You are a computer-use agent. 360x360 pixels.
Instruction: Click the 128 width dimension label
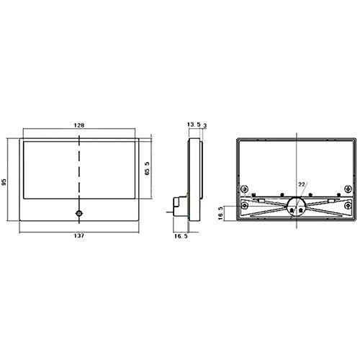(79, 125)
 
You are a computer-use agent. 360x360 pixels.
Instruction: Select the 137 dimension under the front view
(79, 235)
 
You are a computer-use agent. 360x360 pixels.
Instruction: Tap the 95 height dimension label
(4, 181)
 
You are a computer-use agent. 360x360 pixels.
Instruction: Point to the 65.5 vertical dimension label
(147, 168)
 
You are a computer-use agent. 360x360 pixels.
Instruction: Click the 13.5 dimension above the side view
(194, 125)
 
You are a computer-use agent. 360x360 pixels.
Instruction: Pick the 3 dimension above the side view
(204, 125)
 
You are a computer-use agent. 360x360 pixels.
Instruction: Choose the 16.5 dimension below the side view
(181, 236)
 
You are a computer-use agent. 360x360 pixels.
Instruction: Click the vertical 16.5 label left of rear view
(220, 213)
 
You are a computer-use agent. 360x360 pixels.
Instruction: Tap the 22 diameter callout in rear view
(302, 184)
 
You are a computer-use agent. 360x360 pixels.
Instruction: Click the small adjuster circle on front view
(79, 213)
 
